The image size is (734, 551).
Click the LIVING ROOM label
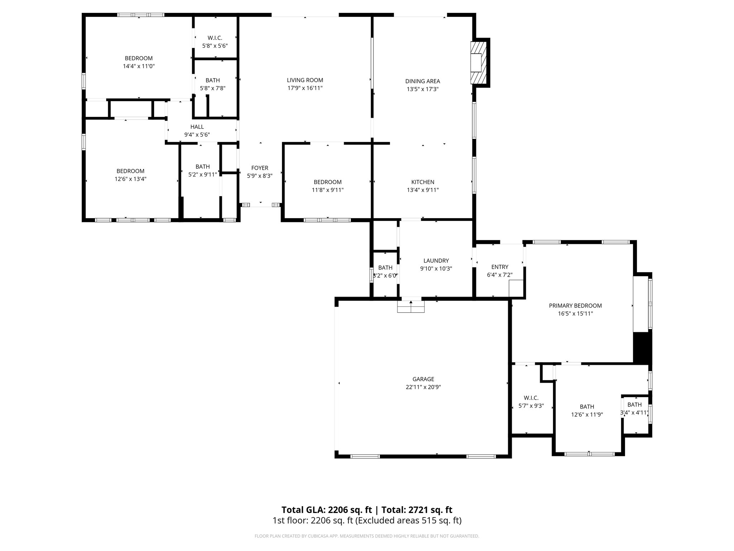tap(305, 80)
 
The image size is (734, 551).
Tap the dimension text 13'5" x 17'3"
tap(423, 89)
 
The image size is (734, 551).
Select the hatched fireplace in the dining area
tap(478, 63)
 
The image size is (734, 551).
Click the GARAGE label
tap(423, 379)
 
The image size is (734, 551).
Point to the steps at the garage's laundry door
tap(411, 307)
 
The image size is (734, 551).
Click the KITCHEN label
tap(423, 182)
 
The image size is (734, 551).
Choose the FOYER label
tap(259, 168)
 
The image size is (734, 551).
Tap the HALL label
tap(197, 127)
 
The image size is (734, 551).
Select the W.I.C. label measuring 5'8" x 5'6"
tap(215, 38)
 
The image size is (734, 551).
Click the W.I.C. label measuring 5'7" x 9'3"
tap(531, 398)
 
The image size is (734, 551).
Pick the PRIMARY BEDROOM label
tap(575, 306)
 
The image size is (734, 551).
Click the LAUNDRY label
tap(436, 261)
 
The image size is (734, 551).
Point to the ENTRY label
tap(500, 267)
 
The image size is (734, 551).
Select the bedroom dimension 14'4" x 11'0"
tap(139, 66)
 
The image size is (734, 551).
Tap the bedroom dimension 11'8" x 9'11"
tap(328, 190)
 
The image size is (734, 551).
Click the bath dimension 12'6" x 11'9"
tap(587, 415)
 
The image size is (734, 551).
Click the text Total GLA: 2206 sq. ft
tap(327, 510)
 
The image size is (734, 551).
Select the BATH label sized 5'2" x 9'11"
tap(202, 167)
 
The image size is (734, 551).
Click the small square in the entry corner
tap(516, 288)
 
